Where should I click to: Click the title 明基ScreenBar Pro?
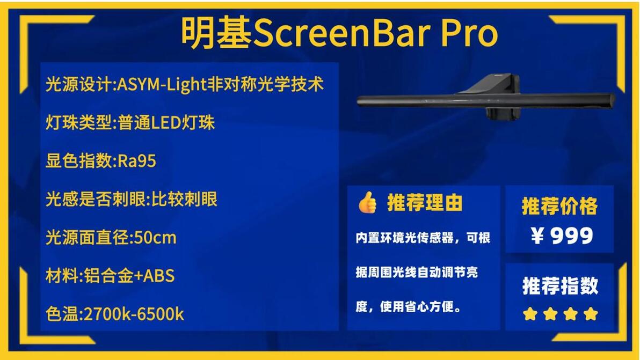(x=339, y=33)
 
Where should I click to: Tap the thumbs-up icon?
(x=367, y=202)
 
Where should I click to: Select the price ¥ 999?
(x=562, y=236)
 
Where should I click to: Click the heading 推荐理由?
(x=425, y=203)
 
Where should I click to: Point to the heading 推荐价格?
(x=559, y=206)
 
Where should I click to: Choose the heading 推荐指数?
(x=560, y=285)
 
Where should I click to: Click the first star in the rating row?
(x=530, y=314)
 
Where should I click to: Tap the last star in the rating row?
(x=591, y=314)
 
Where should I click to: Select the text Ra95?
(x=137, y=161)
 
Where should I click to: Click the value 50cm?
(x=155, y=238)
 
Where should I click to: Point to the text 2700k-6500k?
(x=134, y=314)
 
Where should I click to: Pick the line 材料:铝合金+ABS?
(x=110, y=276)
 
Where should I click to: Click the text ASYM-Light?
(x=162, y=84)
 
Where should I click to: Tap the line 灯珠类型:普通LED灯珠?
(x=130, y=123)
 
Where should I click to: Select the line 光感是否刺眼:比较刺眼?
(x=132, y=200)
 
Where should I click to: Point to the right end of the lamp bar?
(x=614, y=101)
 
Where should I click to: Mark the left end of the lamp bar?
(x=358, y=101)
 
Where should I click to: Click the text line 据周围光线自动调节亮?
(x=417, y=273)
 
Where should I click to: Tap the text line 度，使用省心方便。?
(x=409, y=306)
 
